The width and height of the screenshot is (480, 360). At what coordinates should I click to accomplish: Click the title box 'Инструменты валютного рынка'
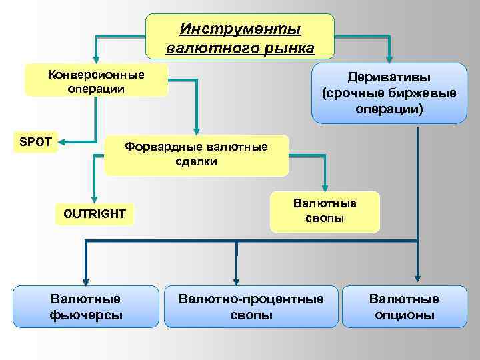point(240,37)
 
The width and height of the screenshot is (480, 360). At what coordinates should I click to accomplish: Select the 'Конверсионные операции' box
point(96,81)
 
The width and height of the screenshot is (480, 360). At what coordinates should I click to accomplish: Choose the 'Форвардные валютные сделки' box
point(197,155)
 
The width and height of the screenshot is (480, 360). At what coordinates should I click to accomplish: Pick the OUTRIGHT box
point(94,214)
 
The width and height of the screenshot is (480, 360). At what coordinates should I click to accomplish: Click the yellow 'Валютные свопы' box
point(325,211)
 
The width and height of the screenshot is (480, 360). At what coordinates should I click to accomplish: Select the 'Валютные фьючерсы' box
point(86,307)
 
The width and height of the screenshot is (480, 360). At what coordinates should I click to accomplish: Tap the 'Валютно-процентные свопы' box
point(251,307)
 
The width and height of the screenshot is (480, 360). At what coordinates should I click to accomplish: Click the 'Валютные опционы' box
point(404,307)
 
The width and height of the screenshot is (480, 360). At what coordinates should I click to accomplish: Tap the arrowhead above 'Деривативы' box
point(390,58)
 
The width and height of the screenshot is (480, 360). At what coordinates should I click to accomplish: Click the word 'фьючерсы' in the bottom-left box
point(86,315)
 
